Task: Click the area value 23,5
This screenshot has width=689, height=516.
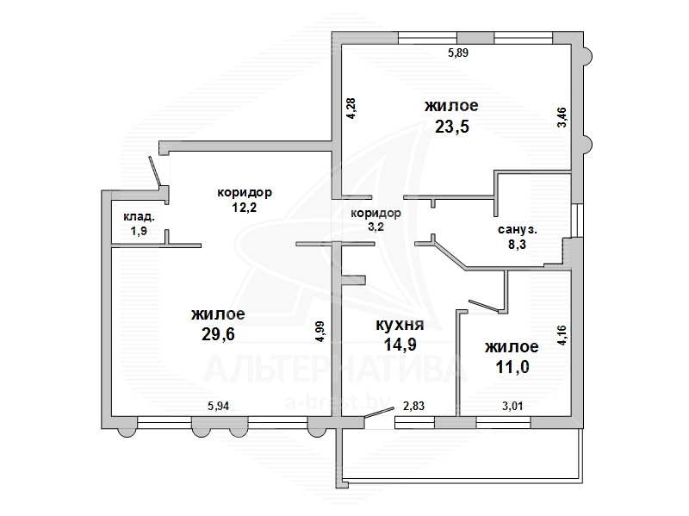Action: pos(451,127)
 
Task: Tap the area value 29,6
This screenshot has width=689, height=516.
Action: pos(218,334)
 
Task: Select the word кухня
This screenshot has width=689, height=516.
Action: pos(400,325)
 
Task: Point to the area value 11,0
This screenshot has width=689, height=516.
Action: pos(512,367)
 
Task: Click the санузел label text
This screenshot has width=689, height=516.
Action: pos(518,229)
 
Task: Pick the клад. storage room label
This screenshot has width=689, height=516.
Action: pos(139,217)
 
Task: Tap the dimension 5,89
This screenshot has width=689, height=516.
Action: pos(458,53)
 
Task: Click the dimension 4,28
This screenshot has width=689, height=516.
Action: pos(351,109)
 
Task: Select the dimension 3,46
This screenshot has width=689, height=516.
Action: pos(562,117)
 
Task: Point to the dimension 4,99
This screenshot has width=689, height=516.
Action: pos(320,332)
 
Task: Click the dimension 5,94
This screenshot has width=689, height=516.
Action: pos(219,406)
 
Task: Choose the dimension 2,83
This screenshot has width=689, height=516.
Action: pos(414,406)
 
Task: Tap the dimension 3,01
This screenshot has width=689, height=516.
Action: pos(512,406)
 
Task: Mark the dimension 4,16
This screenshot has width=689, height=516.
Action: pos(562,335)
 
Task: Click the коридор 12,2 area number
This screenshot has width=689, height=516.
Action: pos(245,207)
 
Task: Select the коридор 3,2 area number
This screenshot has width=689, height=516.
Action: pos(376,227)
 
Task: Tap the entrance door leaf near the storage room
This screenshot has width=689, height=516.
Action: pos(155,171)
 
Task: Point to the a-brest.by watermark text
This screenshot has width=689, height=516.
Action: pos(338,402)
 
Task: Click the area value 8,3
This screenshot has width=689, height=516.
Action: pos(518,244)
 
